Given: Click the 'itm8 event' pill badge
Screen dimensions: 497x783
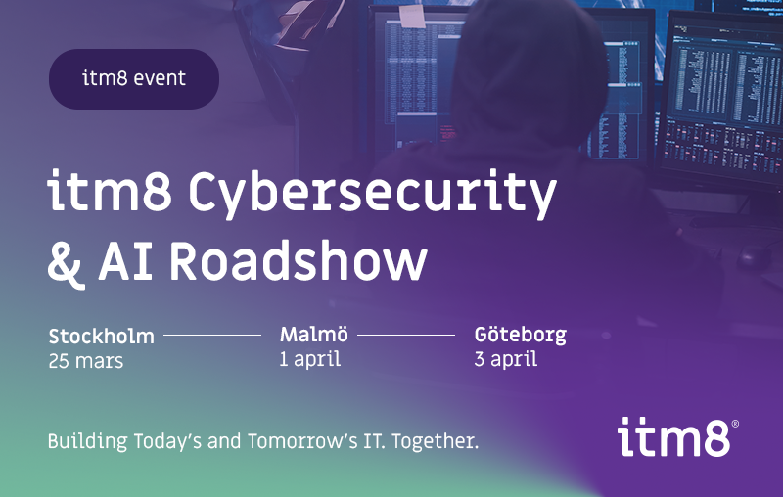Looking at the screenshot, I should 134,78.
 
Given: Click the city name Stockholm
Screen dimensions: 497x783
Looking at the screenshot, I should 101,337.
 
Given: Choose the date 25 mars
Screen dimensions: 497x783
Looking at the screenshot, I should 86,360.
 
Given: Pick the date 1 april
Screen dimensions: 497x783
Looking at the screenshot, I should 309,359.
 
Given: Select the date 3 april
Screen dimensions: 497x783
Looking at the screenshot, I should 505,359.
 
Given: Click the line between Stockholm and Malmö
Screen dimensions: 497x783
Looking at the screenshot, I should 212,335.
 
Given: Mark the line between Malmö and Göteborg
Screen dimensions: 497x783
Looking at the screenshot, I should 406,335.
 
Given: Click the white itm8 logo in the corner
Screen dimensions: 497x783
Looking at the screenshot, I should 674,436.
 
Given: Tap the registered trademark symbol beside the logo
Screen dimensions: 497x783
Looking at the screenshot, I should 735,425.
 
